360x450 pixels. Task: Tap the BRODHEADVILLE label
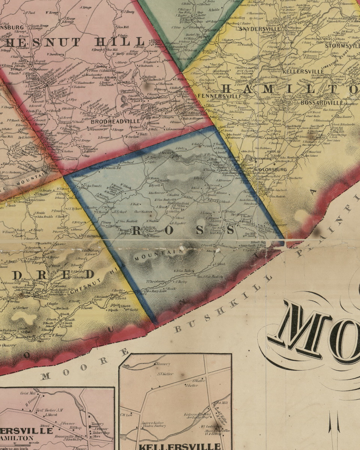coord(110,121)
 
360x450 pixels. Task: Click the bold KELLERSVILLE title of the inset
coord(180,446)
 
